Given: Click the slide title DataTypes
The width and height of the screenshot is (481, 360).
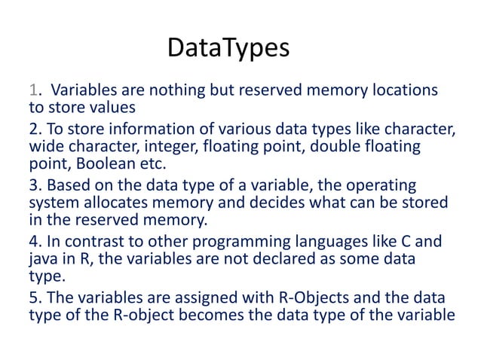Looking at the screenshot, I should click(228, 49).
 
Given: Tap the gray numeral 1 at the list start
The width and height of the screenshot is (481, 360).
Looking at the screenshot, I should click(32, 91).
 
